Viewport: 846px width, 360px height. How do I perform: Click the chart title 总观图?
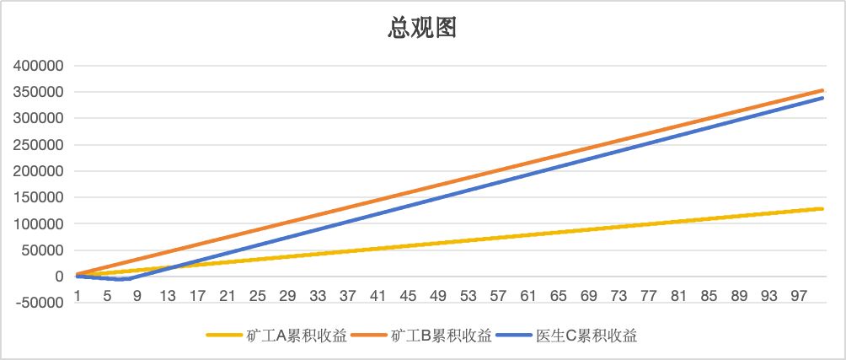(422, 29)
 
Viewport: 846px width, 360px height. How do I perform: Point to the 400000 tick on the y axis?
(37, 66)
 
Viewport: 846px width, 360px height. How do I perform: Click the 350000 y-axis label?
(37, 92)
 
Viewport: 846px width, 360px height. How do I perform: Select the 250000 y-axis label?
(37, 145)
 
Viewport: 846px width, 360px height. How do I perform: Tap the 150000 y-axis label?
(37, 197)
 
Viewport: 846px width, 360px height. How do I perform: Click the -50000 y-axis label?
(40, 303)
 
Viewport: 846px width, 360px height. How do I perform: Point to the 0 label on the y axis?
(58, 277)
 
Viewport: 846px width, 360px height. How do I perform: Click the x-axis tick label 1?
(77, 295)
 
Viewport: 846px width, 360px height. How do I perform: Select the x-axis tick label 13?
(168, 295)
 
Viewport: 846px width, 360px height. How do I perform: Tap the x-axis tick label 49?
(439, 295)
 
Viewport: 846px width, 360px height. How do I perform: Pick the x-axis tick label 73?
(619, 295)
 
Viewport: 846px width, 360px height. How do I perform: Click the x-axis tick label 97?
(800, 295)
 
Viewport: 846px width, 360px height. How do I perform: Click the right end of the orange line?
(822, 90)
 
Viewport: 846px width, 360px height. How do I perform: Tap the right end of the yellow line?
(822, 208)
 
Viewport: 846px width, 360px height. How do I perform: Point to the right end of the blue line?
(822, 98)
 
